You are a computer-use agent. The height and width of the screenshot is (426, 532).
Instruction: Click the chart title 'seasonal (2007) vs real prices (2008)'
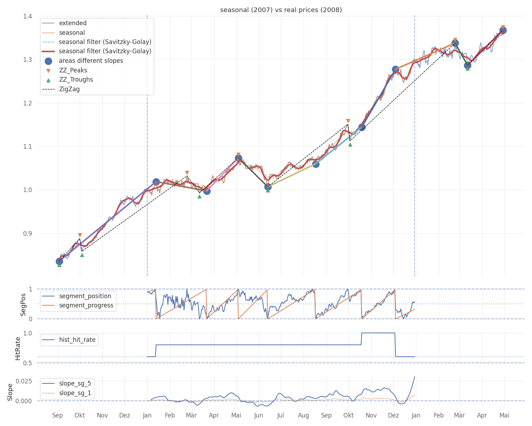(x=281, y=10)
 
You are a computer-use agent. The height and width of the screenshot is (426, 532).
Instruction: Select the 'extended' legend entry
(x=73, y=23)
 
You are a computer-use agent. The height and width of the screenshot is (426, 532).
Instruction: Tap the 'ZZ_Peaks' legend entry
(x=73, y=70)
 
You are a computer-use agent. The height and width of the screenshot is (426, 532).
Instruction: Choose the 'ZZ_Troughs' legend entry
(x=76, y=80)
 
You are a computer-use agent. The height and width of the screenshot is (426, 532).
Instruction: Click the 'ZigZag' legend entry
(x=69, y=89)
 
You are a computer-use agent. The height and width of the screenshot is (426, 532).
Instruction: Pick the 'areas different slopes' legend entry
(x=91, y=61)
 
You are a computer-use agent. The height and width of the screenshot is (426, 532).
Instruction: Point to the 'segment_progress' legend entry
(x=86, y=305)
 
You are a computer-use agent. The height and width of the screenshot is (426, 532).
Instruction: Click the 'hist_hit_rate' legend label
(x=77, y=340)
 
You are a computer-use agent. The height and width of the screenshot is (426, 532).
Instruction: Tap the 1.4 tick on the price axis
(x=28, y=16)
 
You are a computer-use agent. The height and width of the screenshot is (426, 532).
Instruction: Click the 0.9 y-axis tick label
(x=28, y=233)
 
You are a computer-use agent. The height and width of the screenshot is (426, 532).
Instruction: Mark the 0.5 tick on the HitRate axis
(x=28, y=363)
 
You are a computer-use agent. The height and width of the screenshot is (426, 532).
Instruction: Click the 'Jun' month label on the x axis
(x=259, y=415)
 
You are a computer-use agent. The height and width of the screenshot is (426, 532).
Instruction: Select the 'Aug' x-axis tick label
(x=304, y=415)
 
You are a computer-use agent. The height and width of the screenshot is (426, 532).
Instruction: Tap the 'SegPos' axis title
(x=23, y=304)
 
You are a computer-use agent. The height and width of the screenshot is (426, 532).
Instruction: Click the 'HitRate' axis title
(x=18, y=348)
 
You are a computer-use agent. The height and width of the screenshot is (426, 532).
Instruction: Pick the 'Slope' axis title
(x=10, y=392)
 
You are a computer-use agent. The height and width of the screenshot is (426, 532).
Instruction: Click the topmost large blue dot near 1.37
(x=503, y=30)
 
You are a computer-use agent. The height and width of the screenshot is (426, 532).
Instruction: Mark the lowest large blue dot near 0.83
(x=59, y=261)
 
